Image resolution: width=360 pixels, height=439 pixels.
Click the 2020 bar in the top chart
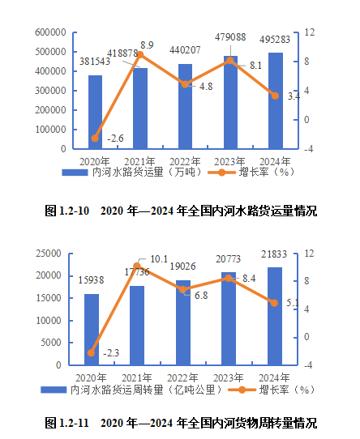(96, 112)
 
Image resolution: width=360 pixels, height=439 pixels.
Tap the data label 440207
(185, 50)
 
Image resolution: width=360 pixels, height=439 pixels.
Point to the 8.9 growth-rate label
(147, 45)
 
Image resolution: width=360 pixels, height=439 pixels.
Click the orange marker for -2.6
(96, 138)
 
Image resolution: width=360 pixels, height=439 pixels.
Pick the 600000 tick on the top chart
(50, 32)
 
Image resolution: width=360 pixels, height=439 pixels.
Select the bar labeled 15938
(92, 329)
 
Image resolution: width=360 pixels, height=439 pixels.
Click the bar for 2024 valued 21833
(275, 316)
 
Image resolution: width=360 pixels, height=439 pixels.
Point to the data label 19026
(183, 266)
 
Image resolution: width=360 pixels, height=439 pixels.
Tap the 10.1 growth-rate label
(159, 259)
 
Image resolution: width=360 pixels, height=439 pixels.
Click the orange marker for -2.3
(92, 352)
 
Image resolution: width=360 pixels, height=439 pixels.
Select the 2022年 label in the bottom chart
(183, 377)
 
